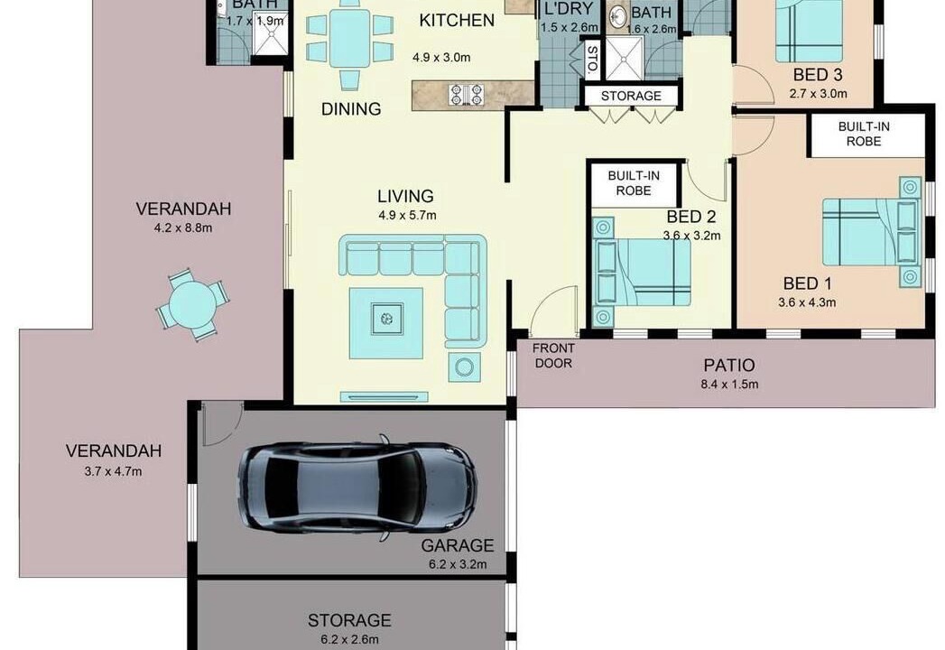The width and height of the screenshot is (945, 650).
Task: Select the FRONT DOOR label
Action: pos(554,356)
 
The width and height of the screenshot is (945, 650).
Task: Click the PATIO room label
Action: pos(729,365)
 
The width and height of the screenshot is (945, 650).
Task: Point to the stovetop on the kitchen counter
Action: pos(467,94)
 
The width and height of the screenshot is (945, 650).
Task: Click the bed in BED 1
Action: pos(872,232)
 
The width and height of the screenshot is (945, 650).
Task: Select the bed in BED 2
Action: pos(641,273)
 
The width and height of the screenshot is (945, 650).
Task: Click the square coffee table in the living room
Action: pos(386,323)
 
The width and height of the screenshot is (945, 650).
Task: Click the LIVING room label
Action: pos(405,196)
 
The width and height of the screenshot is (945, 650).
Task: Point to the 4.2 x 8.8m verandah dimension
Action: pos(183,227)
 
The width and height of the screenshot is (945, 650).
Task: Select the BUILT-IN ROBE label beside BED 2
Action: pos(634,183)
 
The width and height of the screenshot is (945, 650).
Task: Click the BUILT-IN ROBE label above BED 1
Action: pos(864,134)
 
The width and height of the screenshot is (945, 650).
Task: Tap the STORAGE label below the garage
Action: pos(349,620)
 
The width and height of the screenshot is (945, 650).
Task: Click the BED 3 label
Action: pos(818,75)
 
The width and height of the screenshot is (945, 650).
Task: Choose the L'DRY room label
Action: pos(569,9)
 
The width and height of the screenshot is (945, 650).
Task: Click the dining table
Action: pos(349,38)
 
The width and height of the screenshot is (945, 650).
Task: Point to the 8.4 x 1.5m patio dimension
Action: pos(729,384)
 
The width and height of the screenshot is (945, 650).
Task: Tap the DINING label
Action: pos(351,109)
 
